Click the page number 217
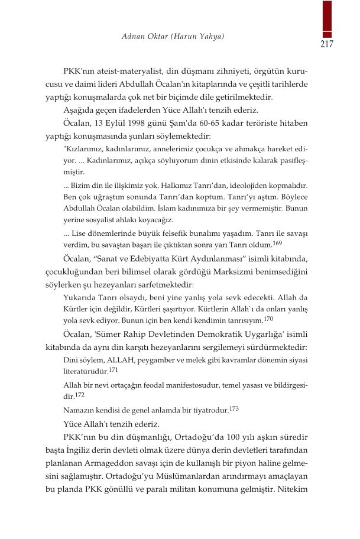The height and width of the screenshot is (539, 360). [327, 44]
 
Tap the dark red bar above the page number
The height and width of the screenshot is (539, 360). [327, 18]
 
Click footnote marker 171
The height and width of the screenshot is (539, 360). [114, 369]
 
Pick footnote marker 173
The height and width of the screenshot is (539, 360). [233, 408]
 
